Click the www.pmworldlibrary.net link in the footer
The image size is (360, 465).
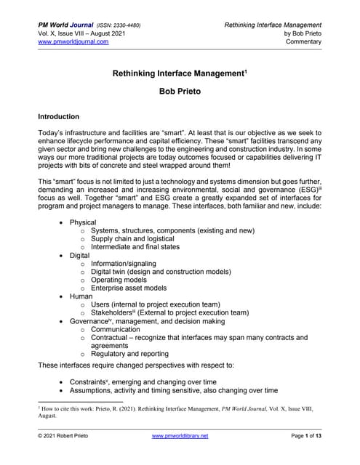coord(180,435)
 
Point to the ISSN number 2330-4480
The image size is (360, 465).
coord(125,25)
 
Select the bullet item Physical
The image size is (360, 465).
coord(83,222)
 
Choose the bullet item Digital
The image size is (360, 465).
coord(80,256)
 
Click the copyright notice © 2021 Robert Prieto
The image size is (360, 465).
coord(69,435)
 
